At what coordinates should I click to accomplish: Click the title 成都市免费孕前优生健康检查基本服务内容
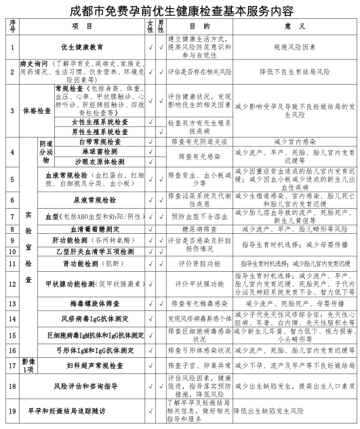[180, 9]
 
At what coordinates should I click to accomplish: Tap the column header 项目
[86, 26]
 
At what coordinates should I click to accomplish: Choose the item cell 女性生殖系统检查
[99, 122]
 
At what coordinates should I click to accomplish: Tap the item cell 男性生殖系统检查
[99, 131]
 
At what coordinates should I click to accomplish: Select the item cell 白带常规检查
[99, 142]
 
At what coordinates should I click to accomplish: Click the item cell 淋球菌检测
[99, 152]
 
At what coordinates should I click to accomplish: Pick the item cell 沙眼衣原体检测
[99, 163]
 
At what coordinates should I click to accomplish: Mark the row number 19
[12, 411]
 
